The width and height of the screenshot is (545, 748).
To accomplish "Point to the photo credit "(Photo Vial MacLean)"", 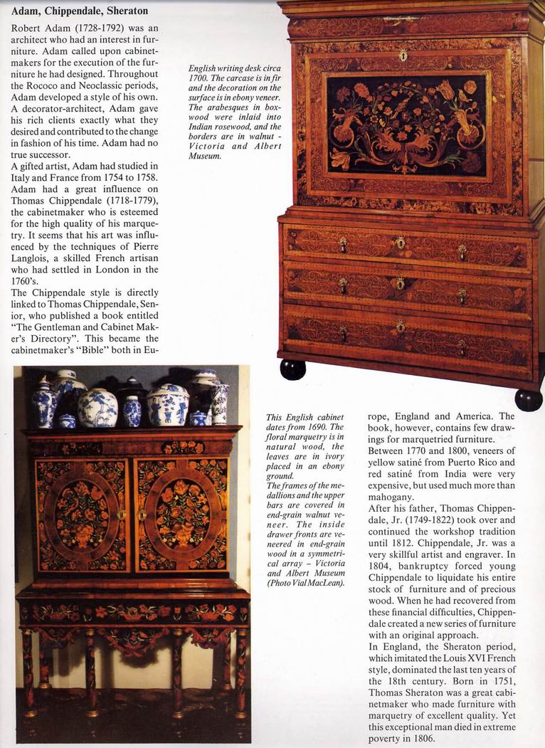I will (x=305, y=583).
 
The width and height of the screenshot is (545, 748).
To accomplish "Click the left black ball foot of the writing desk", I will (x=293, y=369).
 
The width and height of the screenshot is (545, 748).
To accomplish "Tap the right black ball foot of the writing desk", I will (x=529, y=399).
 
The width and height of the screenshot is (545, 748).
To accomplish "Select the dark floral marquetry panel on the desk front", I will (x=406, y=126).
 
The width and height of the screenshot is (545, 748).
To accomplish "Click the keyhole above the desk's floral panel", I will (x=403, y=56).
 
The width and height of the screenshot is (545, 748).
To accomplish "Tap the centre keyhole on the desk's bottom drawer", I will (x=401, y=327).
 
